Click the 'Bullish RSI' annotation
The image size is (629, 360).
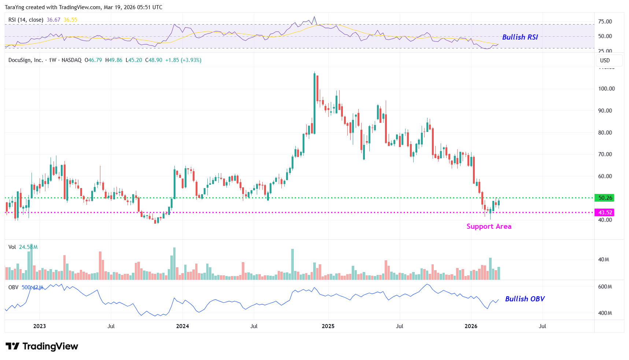click(520, 37)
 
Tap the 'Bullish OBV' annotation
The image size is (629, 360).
click(525, 299)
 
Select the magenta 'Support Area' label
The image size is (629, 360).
click(489, 227)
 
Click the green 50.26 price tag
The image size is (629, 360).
click(605, 198)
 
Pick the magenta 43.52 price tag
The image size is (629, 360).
click(605, 213)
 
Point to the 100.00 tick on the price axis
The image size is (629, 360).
click(606, 89)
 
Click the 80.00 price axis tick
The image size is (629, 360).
click(605, 133)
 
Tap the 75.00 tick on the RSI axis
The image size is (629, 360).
click(605, 22)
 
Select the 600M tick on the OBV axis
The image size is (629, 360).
click(605, 287)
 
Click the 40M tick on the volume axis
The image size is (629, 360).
click(603, 260)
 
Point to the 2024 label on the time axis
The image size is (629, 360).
click(182, 326)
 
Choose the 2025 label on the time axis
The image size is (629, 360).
click(328, 326)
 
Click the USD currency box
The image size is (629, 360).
click(605, 60)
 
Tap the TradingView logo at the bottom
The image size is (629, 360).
click(42, 346)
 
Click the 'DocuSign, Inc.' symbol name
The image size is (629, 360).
click(26, 60)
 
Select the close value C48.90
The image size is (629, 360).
click(154, 60)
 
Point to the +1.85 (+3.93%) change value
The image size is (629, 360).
click(183, 60)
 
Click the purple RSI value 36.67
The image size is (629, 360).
click(53, 20)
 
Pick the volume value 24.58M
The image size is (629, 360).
click(28, 247)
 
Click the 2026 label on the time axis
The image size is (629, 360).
click(471, 326)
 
